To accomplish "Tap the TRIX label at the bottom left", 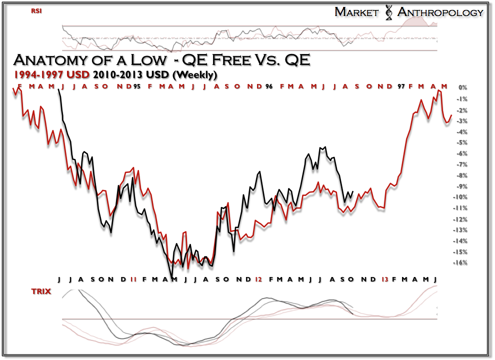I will [x=41, y=291].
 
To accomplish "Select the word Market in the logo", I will [x=356, y=12].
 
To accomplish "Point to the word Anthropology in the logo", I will [x=440, y=12].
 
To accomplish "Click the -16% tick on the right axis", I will [x=459, y=263].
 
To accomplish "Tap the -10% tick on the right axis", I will [x=459, y=197].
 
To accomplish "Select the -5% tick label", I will [x=460, y=142].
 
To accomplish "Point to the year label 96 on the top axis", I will [x=269, y=86].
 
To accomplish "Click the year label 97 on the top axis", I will [x=401, y=86].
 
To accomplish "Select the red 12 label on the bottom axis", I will [x=258, y=278].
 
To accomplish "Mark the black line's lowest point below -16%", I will [x=172, y=276].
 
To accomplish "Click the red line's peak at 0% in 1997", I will [x=438, y=90].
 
